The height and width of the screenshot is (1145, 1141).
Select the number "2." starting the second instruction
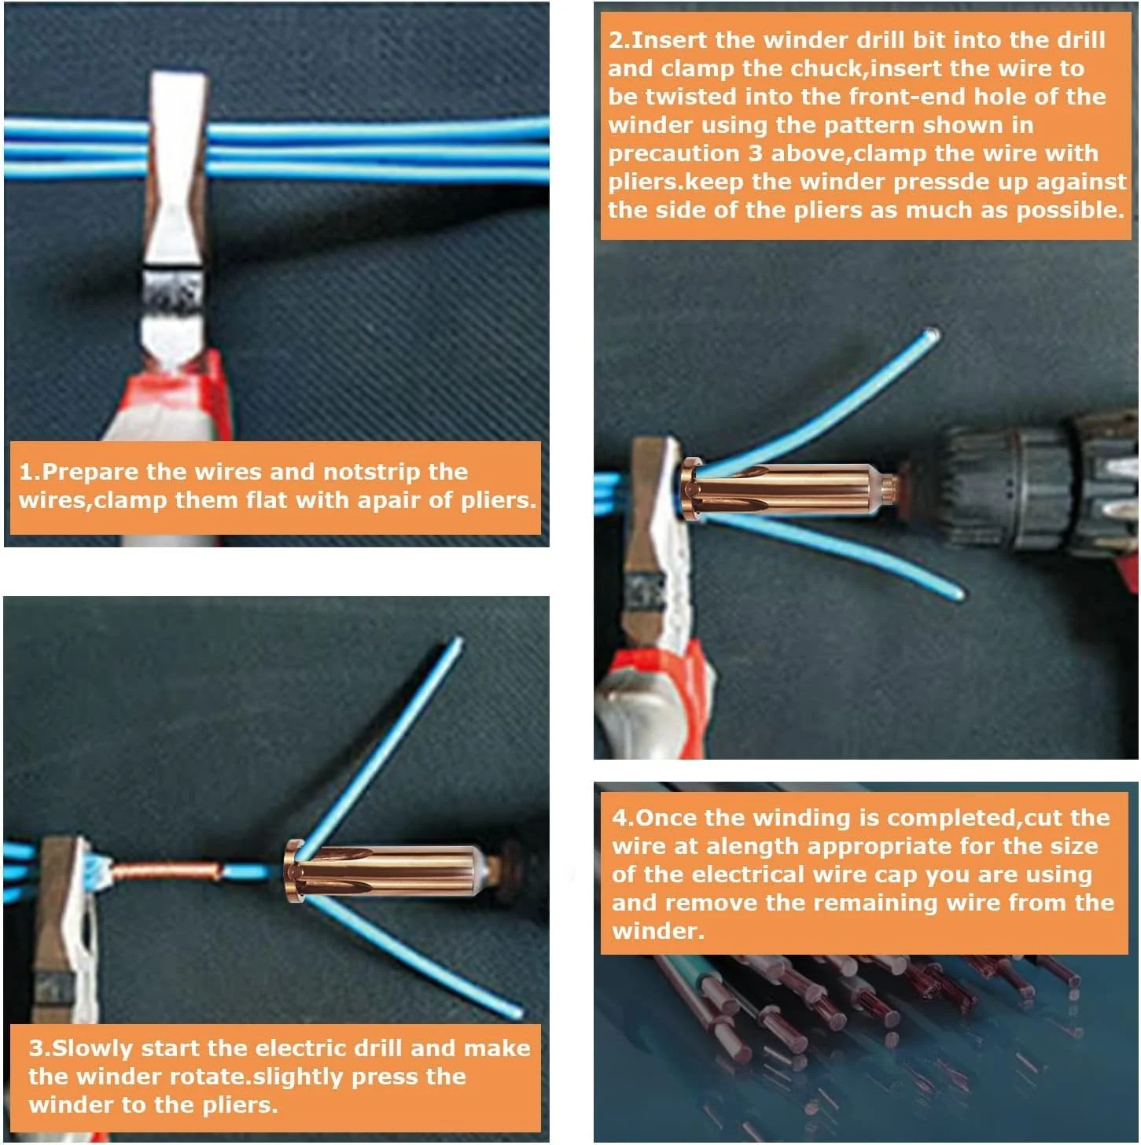[619, 40]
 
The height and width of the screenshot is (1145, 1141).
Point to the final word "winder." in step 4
[657, 931]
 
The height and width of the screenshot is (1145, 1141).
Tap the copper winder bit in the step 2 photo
[786, 490]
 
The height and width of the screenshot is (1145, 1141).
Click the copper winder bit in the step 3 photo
[385, 871]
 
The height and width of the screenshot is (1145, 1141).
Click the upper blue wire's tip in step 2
[932, 334]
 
